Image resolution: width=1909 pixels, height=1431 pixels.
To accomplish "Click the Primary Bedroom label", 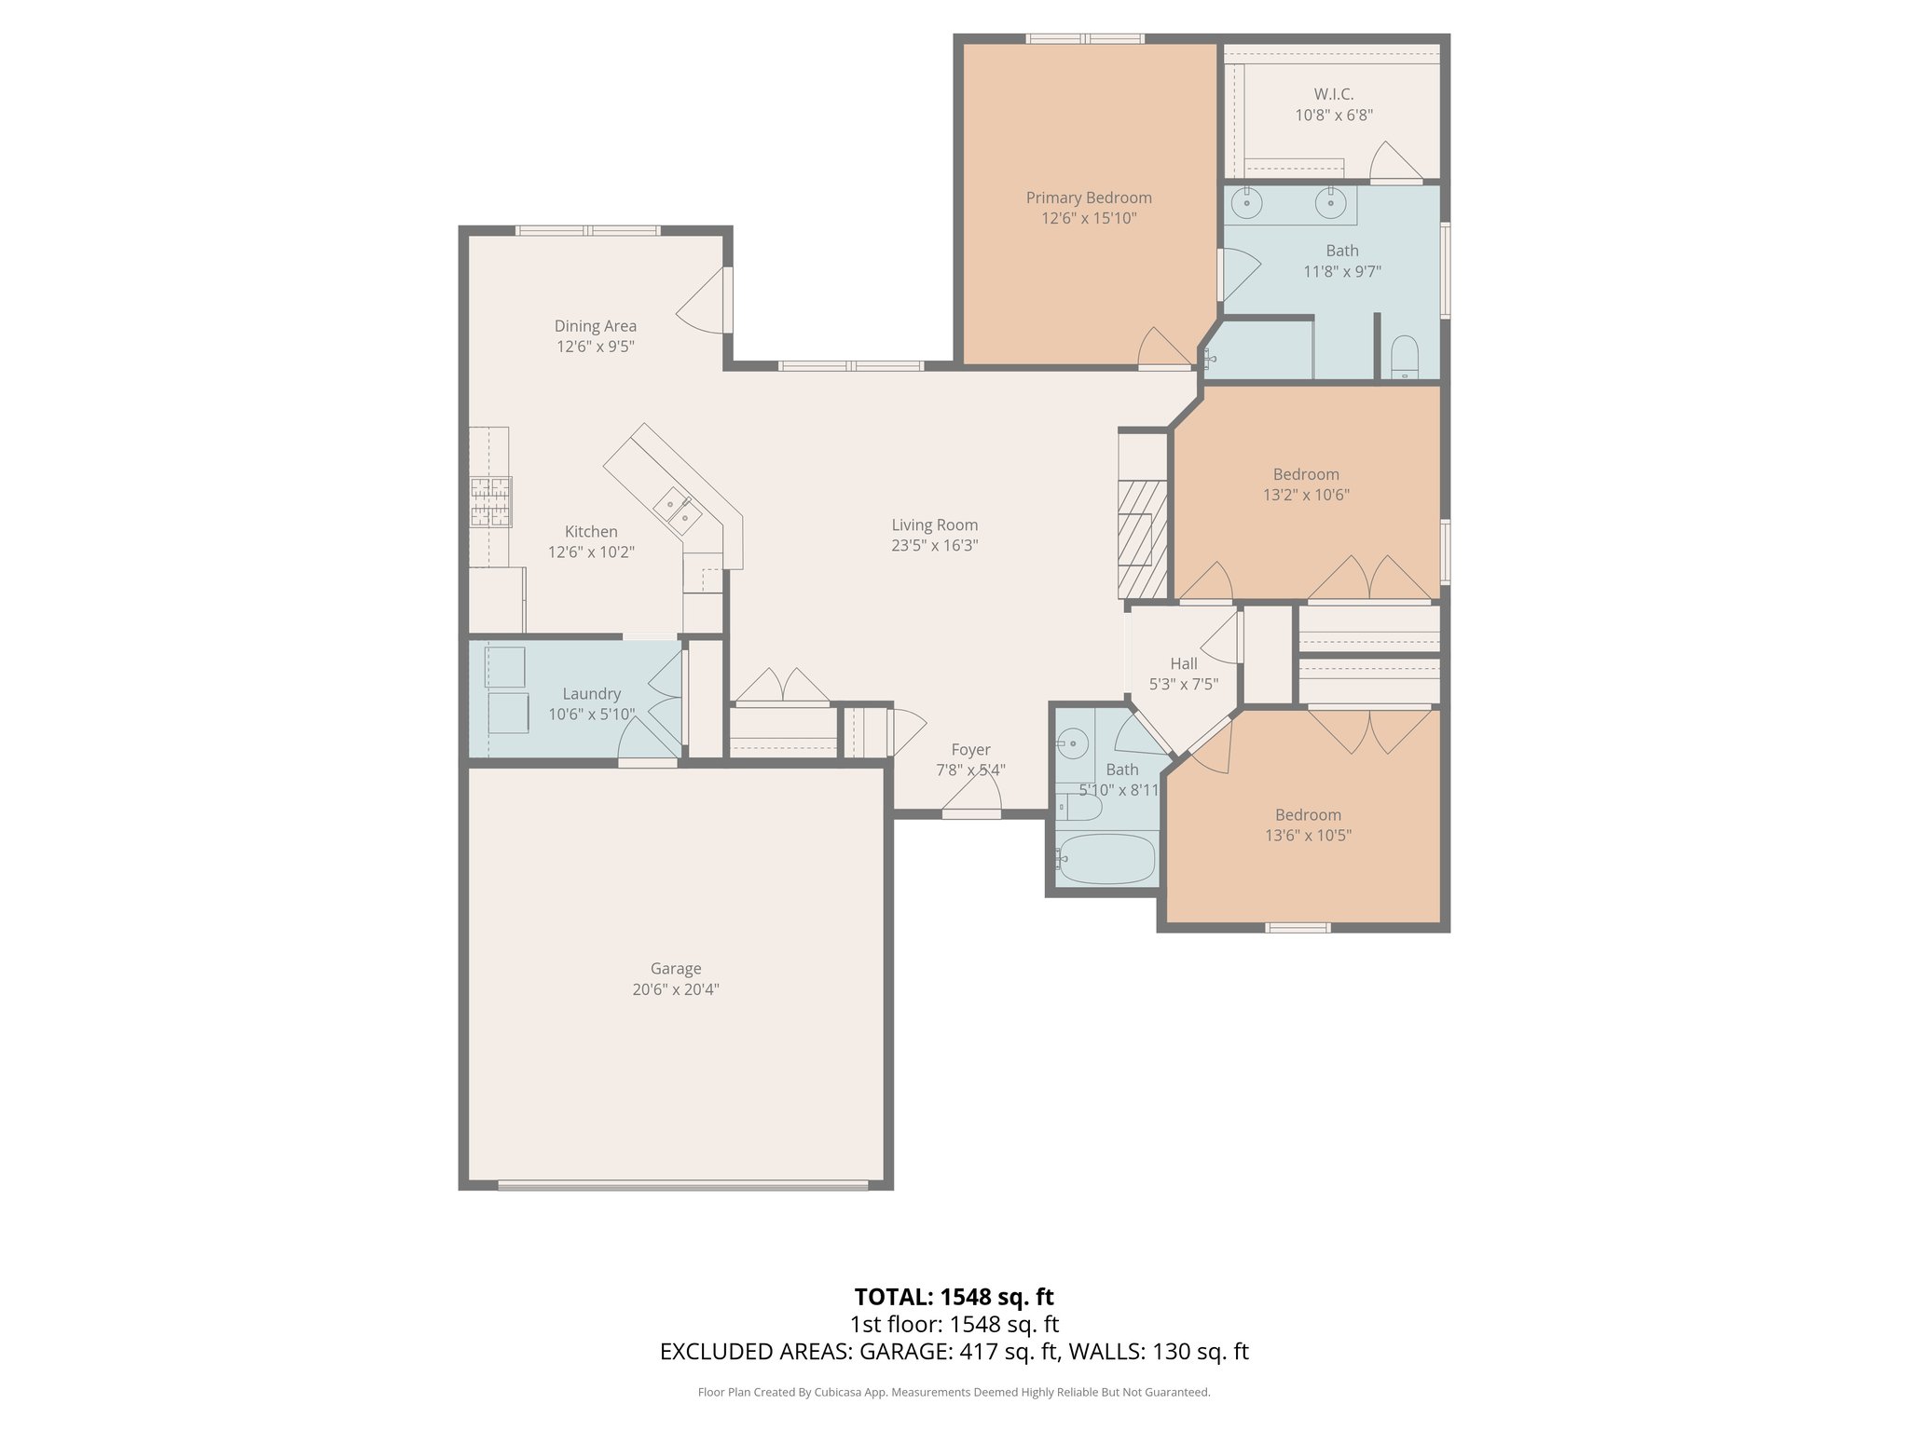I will tap(1088, 198).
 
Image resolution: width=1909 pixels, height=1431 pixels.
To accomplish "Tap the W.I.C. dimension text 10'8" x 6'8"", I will tap(1333, 116).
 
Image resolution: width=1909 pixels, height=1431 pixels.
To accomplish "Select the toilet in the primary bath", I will tap(1403, 358).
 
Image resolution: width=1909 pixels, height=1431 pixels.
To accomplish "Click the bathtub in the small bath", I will tap(1106, 858).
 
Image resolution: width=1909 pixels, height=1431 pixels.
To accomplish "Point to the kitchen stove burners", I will tap(490, 502).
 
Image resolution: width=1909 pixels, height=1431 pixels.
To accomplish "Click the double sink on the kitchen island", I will tap(677, 510).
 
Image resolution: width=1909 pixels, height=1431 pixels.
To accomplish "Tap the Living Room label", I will tap(934, 525).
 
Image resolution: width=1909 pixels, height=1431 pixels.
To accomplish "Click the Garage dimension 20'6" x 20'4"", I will tap(675, 989).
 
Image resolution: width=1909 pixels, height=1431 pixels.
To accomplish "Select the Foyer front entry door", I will tap(971, 812).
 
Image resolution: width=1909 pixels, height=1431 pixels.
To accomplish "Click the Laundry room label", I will tap(591, 694).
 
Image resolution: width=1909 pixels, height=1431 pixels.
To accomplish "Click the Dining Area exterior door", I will tap(727, 300).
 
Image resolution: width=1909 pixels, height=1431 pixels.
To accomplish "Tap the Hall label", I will tap(1183, 663).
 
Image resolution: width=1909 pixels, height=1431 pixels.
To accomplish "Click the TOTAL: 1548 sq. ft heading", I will tap(954, 1297).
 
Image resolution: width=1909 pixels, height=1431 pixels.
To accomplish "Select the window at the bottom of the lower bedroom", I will tap(1298, 927).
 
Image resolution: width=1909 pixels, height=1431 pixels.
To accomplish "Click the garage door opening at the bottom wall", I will tap(682, 1186).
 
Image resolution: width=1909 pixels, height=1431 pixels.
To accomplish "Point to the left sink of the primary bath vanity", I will tap(1246, 200).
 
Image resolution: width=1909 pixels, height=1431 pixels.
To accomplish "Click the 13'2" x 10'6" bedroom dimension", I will tap(1305, 496).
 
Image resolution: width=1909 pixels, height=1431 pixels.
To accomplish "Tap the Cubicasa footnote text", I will tap(954, 1393).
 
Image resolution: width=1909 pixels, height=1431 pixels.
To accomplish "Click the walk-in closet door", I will tap(1394, 177).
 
